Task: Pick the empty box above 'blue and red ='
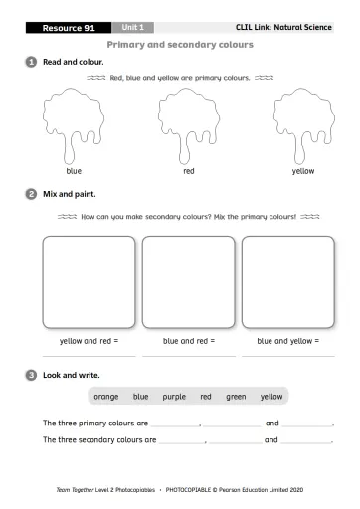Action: (188, 281)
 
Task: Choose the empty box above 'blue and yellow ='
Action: (287, 281)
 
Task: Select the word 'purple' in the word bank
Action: (174, 397)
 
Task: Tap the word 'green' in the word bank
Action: (236, 397)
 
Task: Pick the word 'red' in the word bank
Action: (206, 397)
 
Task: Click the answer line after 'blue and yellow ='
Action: (287, 354)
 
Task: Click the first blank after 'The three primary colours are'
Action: (175, 425)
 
